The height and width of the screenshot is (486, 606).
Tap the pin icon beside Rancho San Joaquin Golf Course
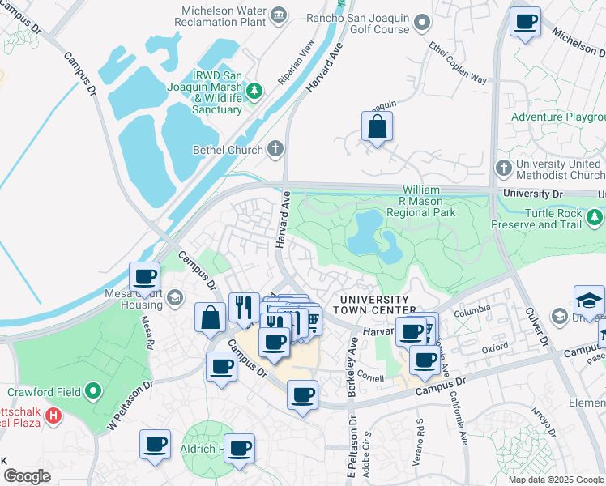click(x=421, y=23)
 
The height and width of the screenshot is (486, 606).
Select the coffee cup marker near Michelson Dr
click(x=525, y=21)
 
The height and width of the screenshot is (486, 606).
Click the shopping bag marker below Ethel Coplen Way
click(x=377, y=126)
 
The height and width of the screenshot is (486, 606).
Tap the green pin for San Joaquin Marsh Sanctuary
click(x=254, y=89)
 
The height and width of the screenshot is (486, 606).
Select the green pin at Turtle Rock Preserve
click(x=595, y=217)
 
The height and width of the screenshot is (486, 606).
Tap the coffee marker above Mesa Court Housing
click(x=145, y=277)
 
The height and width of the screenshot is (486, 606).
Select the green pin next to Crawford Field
click(x=93, y=392)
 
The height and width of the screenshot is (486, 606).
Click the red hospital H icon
click(x=54, y=416)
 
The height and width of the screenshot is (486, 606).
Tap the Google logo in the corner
click(x=27, y=476)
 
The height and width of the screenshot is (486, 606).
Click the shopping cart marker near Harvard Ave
click(x=309, y=321)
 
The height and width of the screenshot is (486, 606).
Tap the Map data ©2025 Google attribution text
click(x=555, y=480)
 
